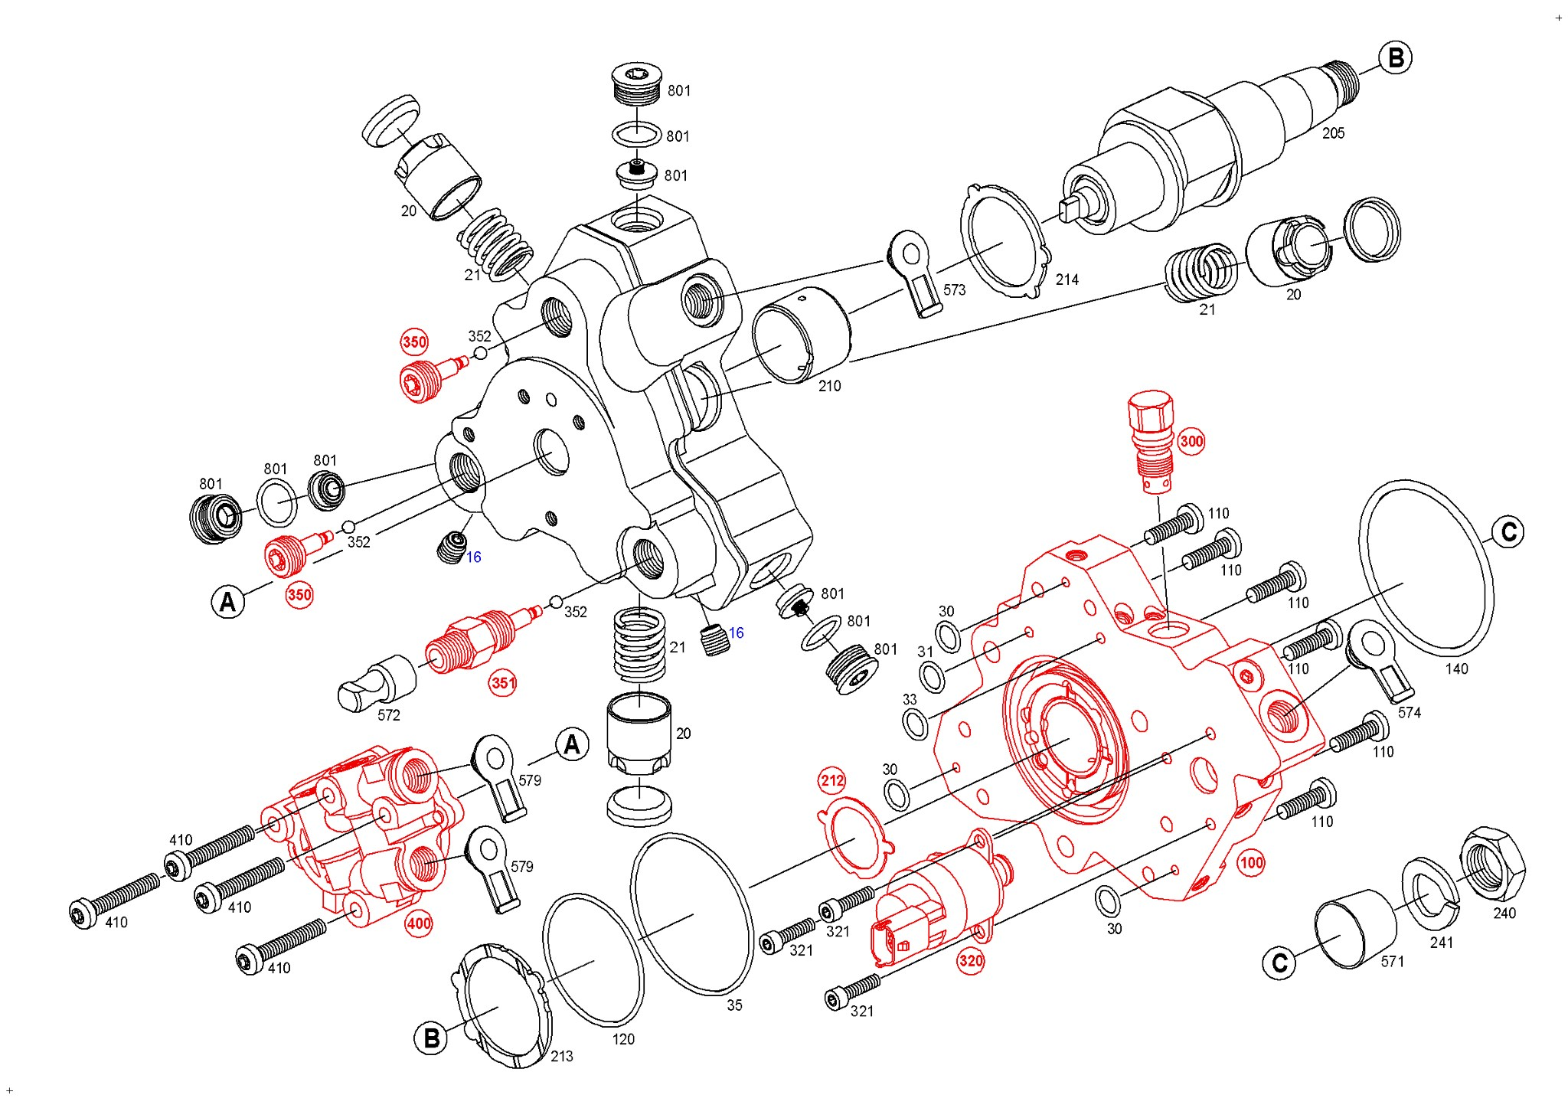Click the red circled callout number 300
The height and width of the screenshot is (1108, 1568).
(1191, 441)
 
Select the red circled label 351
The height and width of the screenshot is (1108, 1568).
(502, 682)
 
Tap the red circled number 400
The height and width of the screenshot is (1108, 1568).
(419, 923)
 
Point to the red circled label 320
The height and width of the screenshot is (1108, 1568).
(970, 960)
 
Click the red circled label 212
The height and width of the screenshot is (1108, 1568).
(832, 781)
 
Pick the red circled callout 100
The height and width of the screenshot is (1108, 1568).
(1251, 863)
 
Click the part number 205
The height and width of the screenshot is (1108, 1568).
(1333, 133)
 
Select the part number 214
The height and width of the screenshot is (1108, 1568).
(1067, 280)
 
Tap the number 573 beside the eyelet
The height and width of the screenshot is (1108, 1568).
(954, 290)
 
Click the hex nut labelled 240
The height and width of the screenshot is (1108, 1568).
(1492, 864)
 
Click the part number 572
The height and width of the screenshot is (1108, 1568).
(388, 715)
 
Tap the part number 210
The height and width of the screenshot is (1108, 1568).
(829, 386)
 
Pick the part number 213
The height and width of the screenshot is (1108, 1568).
(561, 1056)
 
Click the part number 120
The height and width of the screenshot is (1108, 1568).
(623, 1039)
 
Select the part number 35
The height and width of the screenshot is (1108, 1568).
(734, 1005)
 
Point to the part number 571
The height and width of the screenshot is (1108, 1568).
(1392, 961)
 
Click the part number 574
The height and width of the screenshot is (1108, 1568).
(1409, 712)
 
